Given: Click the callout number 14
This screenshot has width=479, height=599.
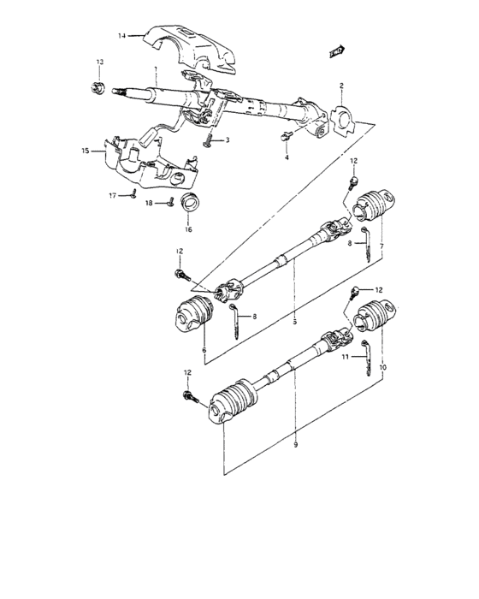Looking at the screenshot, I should tap(121, 36).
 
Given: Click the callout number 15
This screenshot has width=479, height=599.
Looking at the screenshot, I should tap(86, 151).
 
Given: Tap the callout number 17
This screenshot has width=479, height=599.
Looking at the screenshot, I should tap(110, 196).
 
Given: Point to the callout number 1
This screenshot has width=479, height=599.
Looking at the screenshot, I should tap(155, 68).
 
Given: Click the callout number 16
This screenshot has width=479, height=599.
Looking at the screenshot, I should tap(188, 229).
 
